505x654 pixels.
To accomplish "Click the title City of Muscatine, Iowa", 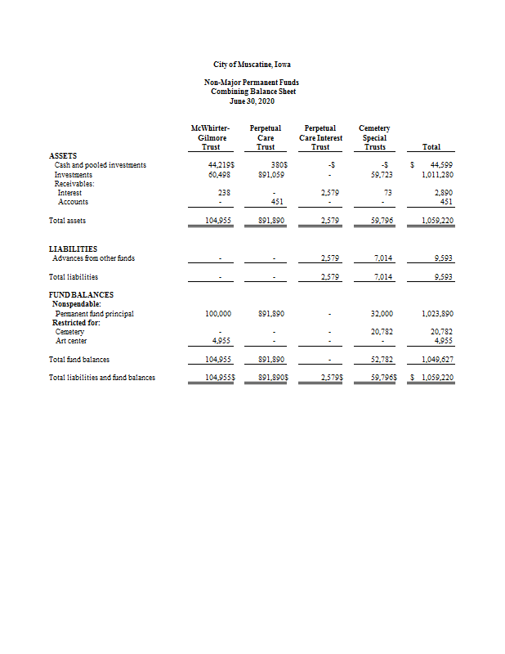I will point(252,65).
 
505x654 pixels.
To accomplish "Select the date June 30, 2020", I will point(252,101).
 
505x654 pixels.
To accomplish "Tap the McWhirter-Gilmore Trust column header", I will point(210,137).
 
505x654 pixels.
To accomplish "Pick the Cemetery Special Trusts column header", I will point(374,137).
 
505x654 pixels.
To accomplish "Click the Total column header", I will point(431,147).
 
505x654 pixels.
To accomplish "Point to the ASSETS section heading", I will point(65,155).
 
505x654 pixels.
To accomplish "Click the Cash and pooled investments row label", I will point(100,165).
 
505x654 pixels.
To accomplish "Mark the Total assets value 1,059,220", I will point(437,221).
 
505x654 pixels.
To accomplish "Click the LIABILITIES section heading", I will point(74,249).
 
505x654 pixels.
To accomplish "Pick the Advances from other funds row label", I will point(94,258).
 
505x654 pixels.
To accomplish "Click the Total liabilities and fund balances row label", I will point(102,377).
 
